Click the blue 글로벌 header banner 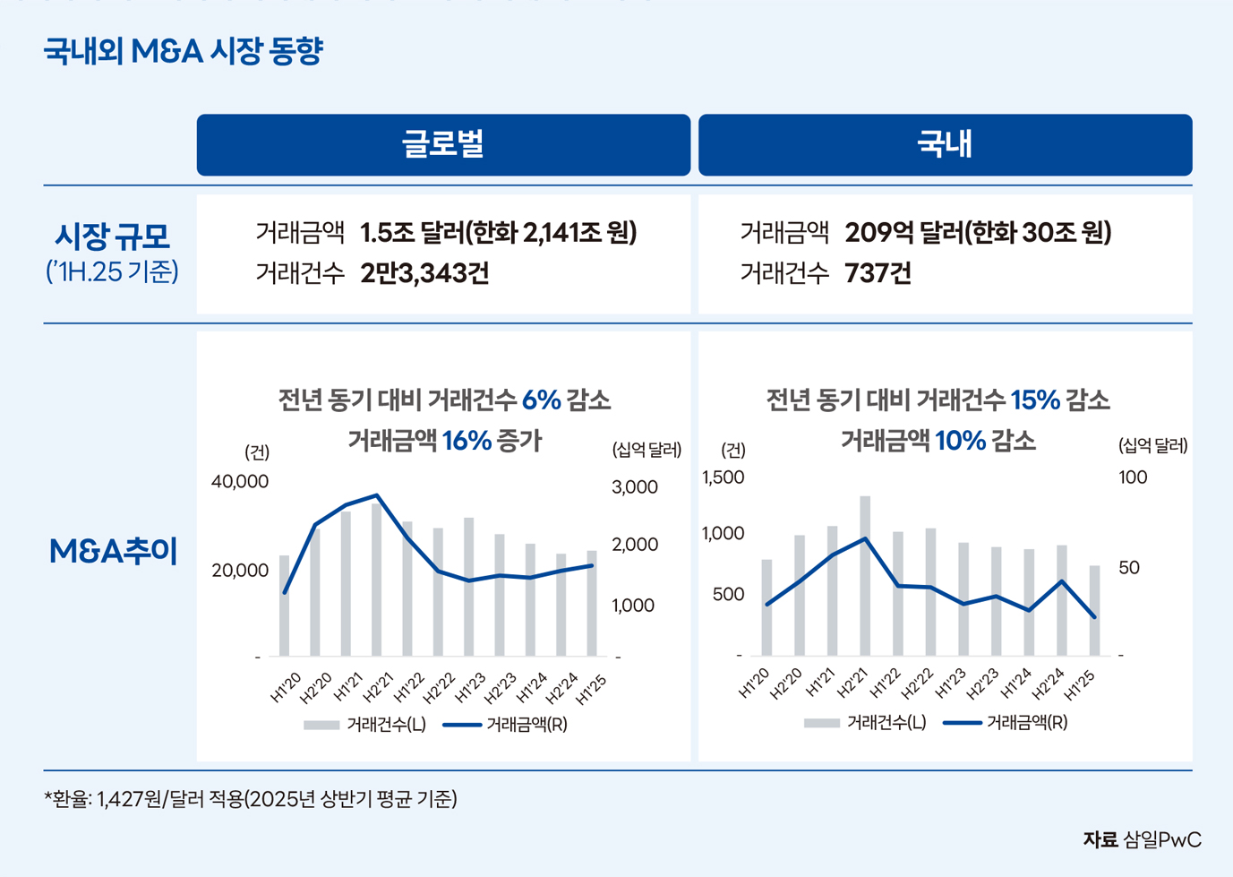pos(443,144)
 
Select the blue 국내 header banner pos(945,144)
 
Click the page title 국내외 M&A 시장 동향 pos(184,51)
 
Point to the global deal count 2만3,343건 pos(424,273)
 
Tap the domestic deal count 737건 pos(878,273)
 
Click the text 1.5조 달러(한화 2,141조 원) pos(498,233)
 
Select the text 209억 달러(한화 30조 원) pos(978,233)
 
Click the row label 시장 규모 pos(112,237)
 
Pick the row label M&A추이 pos(114,552)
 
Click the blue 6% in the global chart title pos(541,400)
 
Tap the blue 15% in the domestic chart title pos(1035,400)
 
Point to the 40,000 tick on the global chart pos(240,482)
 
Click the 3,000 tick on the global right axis pos(635,487)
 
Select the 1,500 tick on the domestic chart pos(724,477)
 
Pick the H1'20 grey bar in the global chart pos(285,606)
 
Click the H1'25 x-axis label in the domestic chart pos(1081,685)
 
